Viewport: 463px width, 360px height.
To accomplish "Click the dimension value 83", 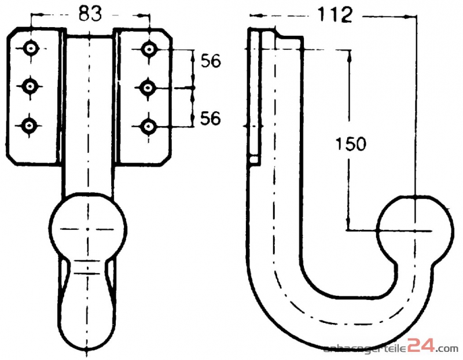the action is [90, 13].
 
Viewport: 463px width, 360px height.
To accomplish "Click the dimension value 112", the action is [335, 15].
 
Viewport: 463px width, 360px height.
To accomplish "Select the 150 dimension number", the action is [351, 144].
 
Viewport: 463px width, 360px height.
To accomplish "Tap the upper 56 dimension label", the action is [211, 61].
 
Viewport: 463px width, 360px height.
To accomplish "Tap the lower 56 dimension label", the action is [211, 118].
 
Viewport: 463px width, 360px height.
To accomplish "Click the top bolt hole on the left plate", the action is [31, 48].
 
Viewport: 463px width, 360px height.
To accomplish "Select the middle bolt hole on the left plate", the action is [30, 86].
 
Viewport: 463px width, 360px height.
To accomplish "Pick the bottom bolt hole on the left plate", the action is [28, 126].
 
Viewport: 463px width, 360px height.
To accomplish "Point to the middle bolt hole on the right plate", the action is [148, 87].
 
